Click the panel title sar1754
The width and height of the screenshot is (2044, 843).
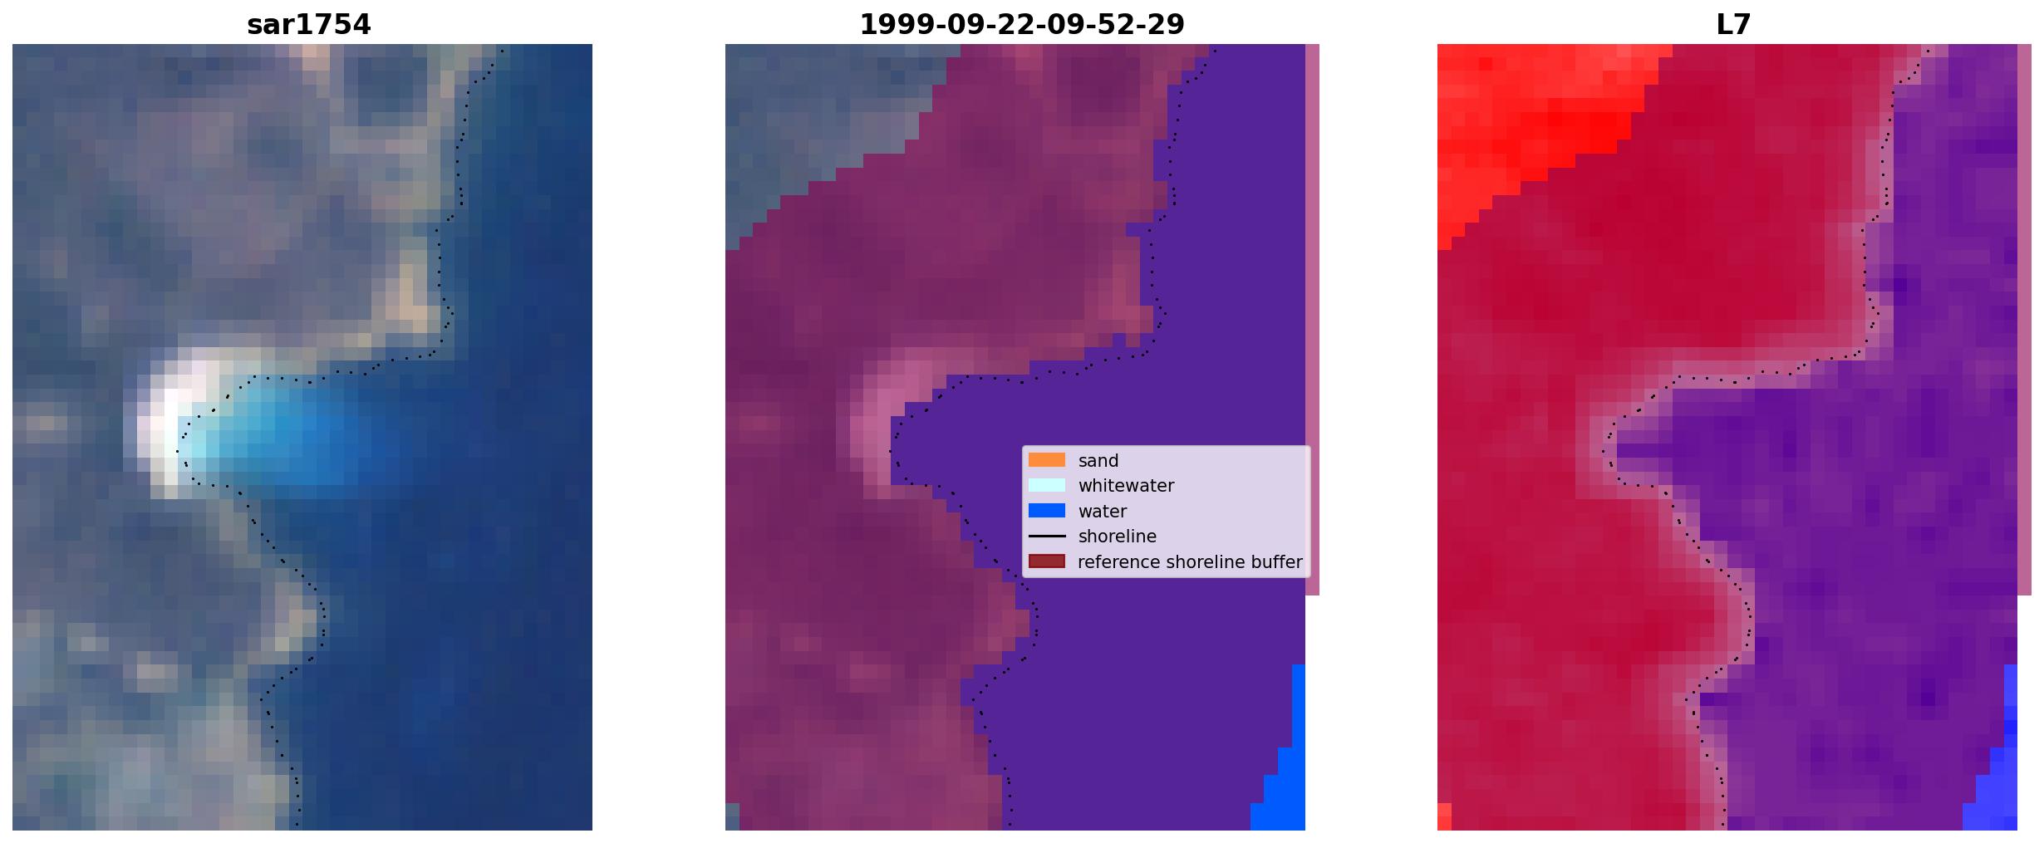click(308, 25)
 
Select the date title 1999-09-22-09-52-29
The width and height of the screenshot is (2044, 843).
click(1021, 25)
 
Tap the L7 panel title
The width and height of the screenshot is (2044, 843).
click(1733, 25)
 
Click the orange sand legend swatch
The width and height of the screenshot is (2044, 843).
click(1047, 460)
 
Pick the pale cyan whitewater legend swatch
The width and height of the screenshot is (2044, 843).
click(1047, 485)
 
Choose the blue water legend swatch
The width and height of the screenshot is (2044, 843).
click(1047, 511)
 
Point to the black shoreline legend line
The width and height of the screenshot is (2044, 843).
click(1047, 537)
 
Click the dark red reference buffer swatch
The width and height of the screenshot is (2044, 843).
click(1047, 561)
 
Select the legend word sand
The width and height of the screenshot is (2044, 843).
click(1098, 461)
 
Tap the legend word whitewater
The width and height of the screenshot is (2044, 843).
click(1126, 486)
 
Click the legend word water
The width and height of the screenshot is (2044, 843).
click(1103, 512)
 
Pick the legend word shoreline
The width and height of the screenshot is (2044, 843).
click(1118, 537)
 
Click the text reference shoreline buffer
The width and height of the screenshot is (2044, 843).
click(1190, 562)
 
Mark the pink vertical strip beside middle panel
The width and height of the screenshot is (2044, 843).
click(1312, 320)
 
